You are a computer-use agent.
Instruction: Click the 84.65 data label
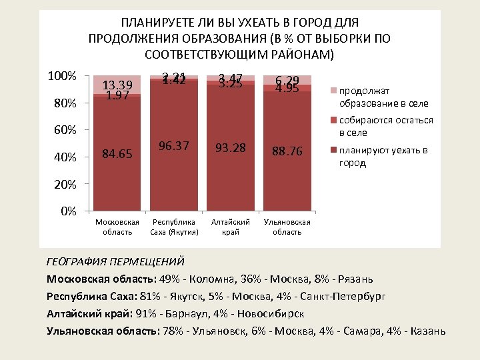[117, 155]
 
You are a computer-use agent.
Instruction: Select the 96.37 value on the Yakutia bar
[174, 145]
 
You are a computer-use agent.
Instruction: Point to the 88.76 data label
[287, 151]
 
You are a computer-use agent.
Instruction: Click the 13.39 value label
[117, 85]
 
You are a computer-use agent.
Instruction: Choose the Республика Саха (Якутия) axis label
[174, 227]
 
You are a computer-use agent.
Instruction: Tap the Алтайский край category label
[230, 227]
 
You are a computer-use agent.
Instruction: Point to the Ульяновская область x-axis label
[287, 227]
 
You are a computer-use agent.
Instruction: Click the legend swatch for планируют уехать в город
[334, 151]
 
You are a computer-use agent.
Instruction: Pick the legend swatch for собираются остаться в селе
[334, 121]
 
